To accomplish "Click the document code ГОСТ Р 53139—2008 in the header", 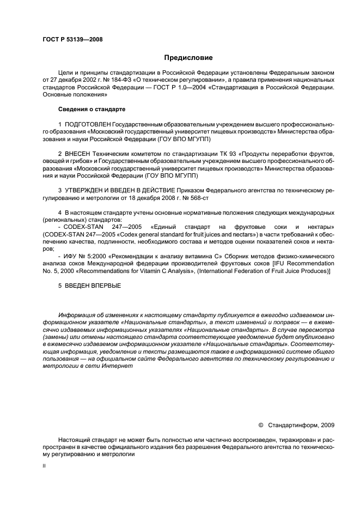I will [72, 39].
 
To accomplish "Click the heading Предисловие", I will [188, 58].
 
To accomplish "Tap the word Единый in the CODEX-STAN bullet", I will [159, 226].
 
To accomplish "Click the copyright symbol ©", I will [260, 424].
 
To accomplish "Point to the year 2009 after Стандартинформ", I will [328, 424].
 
